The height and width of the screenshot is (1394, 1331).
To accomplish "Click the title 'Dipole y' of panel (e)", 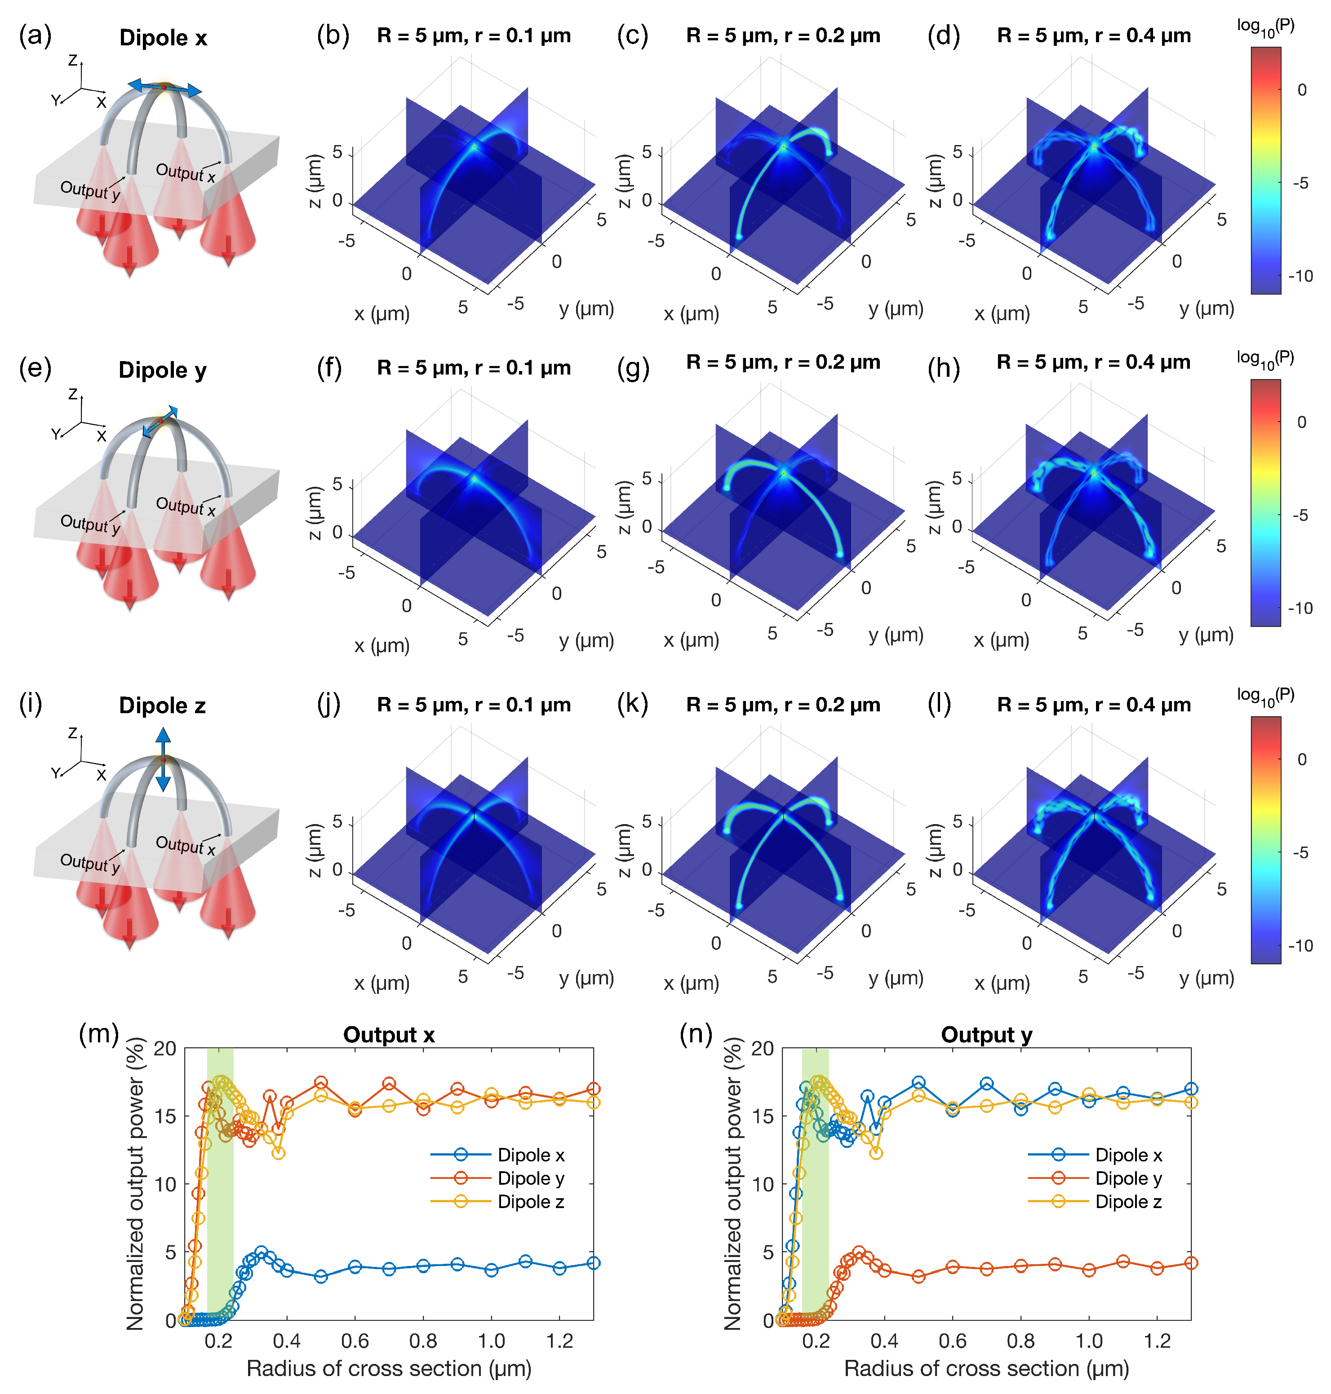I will coord(163,370).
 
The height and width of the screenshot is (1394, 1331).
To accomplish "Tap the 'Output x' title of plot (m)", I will coord(388,1035).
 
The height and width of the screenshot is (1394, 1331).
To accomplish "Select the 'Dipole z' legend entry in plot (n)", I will coord(1127,1201).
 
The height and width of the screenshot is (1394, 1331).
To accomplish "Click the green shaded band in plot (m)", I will coord(220,1191).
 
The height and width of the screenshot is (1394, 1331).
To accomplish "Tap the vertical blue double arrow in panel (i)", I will coord(163,759).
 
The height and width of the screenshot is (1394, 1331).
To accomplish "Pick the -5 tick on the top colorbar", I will coord(1300,183).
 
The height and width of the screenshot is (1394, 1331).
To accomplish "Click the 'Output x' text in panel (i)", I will coord(185,844).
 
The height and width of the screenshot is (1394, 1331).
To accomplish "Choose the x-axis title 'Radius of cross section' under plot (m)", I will coord(388,1368).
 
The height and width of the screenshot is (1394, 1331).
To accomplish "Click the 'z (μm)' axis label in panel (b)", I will coord(315,181).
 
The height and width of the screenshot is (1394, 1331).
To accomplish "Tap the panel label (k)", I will coord(632,704).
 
